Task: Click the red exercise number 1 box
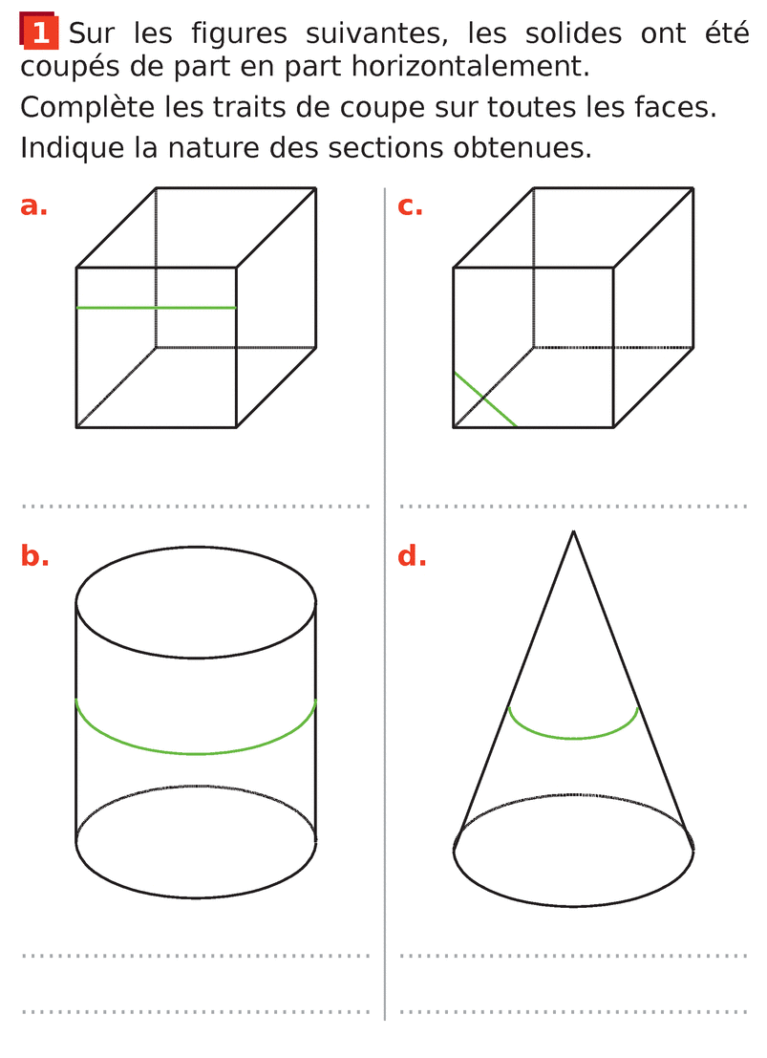click(x=39, y=31)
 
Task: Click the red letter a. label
click(x=33, y=205)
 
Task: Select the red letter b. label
click(x=34, y=555)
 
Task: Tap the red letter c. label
click(x=410, y=205)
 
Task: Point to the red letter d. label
click(x=412, y=555)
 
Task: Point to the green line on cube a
click(x=157, y=308)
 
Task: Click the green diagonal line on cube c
click(x=485, y=399)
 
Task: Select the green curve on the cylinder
click(x=196, y=753)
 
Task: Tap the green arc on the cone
click(x=573, y=738)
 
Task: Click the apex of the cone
click(x=573, y=531)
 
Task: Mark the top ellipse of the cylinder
click(x=196, y=658)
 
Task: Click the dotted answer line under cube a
click(x=196, y=506)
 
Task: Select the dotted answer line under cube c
click(x=573, y=506)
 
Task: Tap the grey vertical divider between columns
click(x=385, y=604)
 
